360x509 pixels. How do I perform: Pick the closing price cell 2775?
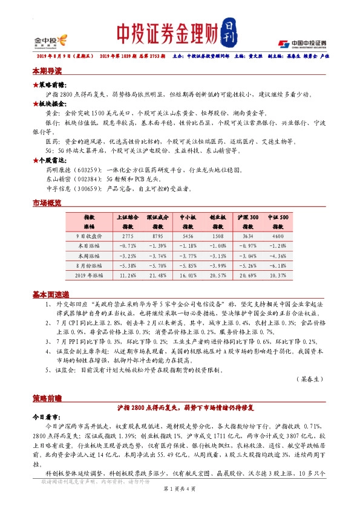[x=128, y=235]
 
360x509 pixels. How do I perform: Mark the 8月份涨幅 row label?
[x=88, y=265]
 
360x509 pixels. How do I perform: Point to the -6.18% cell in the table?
[x=278, y=265]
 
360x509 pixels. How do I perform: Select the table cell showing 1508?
[x=218, y=235]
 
